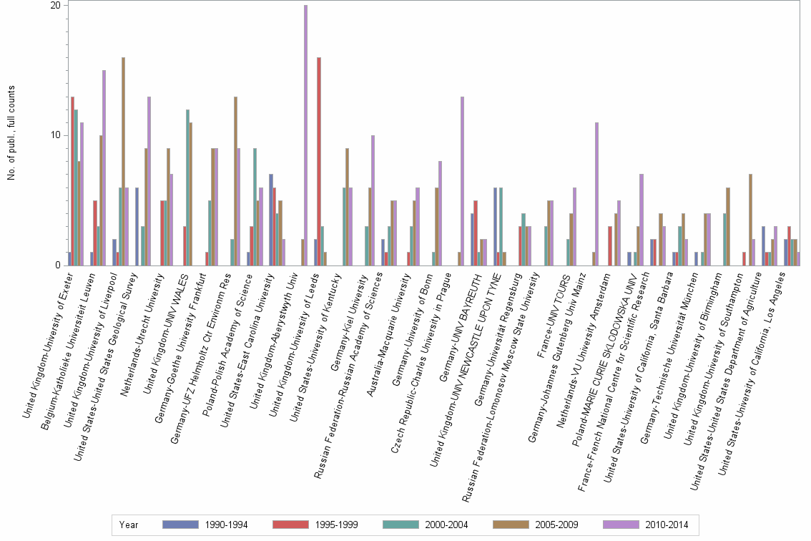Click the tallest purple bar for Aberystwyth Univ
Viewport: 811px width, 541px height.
(x=305, y=136)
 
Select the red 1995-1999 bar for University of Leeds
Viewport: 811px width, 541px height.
(x=318, y=162)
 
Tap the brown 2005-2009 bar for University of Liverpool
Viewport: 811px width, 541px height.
(x=123, y=162)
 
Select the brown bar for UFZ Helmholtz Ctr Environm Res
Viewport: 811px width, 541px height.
(x=235, y=181)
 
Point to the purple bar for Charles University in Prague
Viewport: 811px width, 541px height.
(x=463, y=181)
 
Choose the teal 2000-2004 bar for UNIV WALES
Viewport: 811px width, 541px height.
(x=187, y=187)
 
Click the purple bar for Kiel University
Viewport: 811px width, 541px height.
(x=373, y=200)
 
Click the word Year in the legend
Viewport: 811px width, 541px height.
(x=129, y=525)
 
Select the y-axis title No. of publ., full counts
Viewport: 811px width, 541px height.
(x=11, y=133)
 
